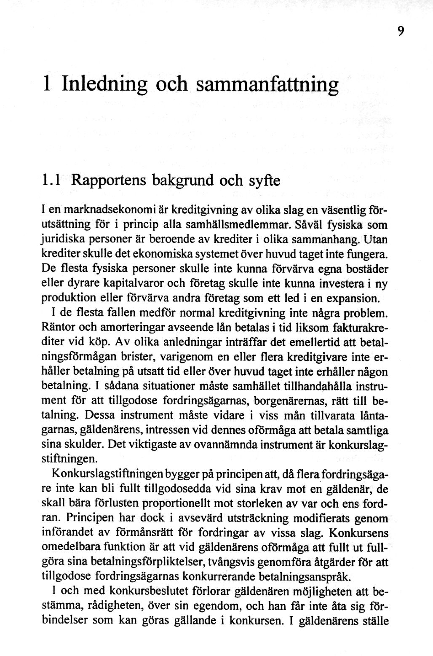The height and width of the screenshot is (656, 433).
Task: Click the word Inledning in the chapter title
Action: pos(104,84)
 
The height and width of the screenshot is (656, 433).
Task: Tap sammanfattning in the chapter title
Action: pos(268,84)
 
